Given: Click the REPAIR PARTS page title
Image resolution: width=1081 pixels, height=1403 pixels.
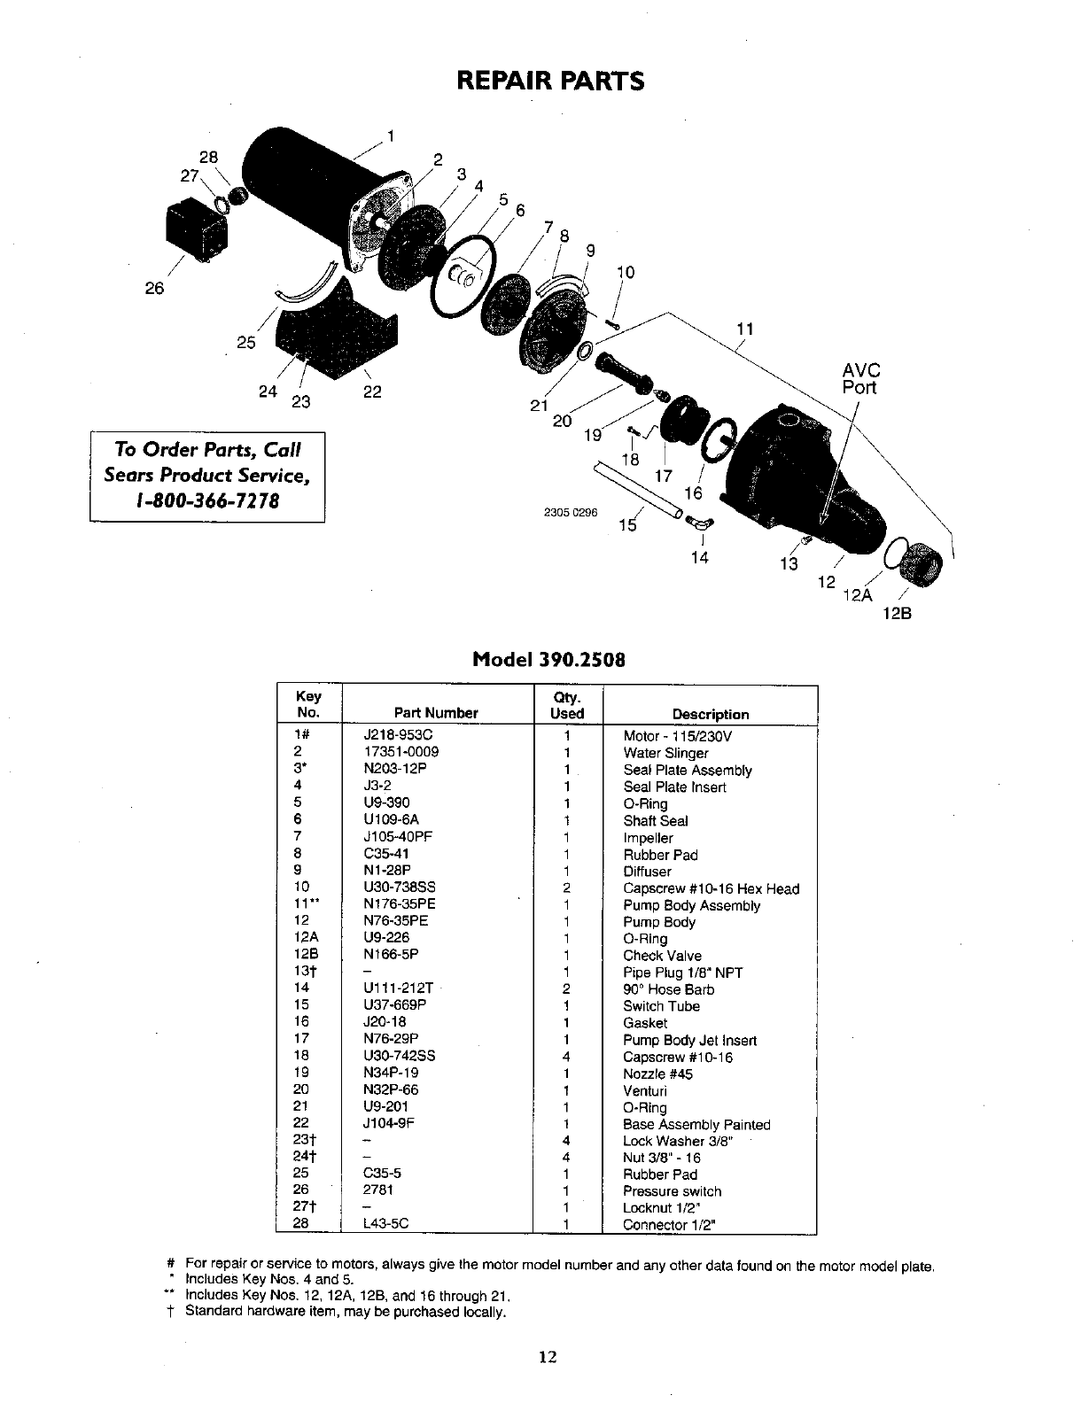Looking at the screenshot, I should (x=549, y=81).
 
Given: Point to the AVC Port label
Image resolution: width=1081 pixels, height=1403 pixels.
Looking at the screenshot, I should (x=860, y=378).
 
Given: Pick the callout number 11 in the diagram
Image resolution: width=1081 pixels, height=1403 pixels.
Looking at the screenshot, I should (x=745, y=329).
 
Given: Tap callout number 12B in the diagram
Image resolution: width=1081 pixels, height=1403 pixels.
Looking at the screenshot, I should (x=898, y=610).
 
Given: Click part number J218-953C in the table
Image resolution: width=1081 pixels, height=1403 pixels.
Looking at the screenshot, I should (x=399, y=736).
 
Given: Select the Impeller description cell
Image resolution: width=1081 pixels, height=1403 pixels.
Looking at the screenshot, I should (x=649, y=838).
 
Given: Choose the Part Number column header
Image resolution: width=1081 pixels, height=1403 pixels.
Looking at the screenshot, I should (x=436, y=714).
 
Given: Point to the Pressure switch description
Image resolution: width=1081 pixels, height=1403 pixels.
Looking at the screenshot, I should (x=673, y=1191).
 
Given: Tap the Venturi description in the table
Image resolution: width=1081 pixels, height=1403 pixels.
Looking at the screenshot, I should (x=645, y=1091).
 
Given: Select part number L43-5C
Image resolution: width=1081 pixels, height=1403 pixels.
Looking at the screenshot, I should (x=386, y=1225).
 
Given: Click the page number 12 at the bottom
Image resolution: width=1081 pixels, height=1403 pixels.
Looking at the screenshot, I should (x=547, y=1356).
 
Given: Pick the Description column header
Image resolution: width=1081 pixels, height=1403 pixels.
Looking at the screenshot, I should (x=711, y=715).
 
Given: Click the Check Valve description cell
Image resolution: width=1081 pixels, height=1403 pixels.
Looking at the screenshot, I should (x=662, y=956).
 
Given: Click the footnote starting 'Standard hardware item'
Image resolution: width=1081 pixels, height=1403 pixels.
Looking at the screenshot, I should (x=346, y=1311).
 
